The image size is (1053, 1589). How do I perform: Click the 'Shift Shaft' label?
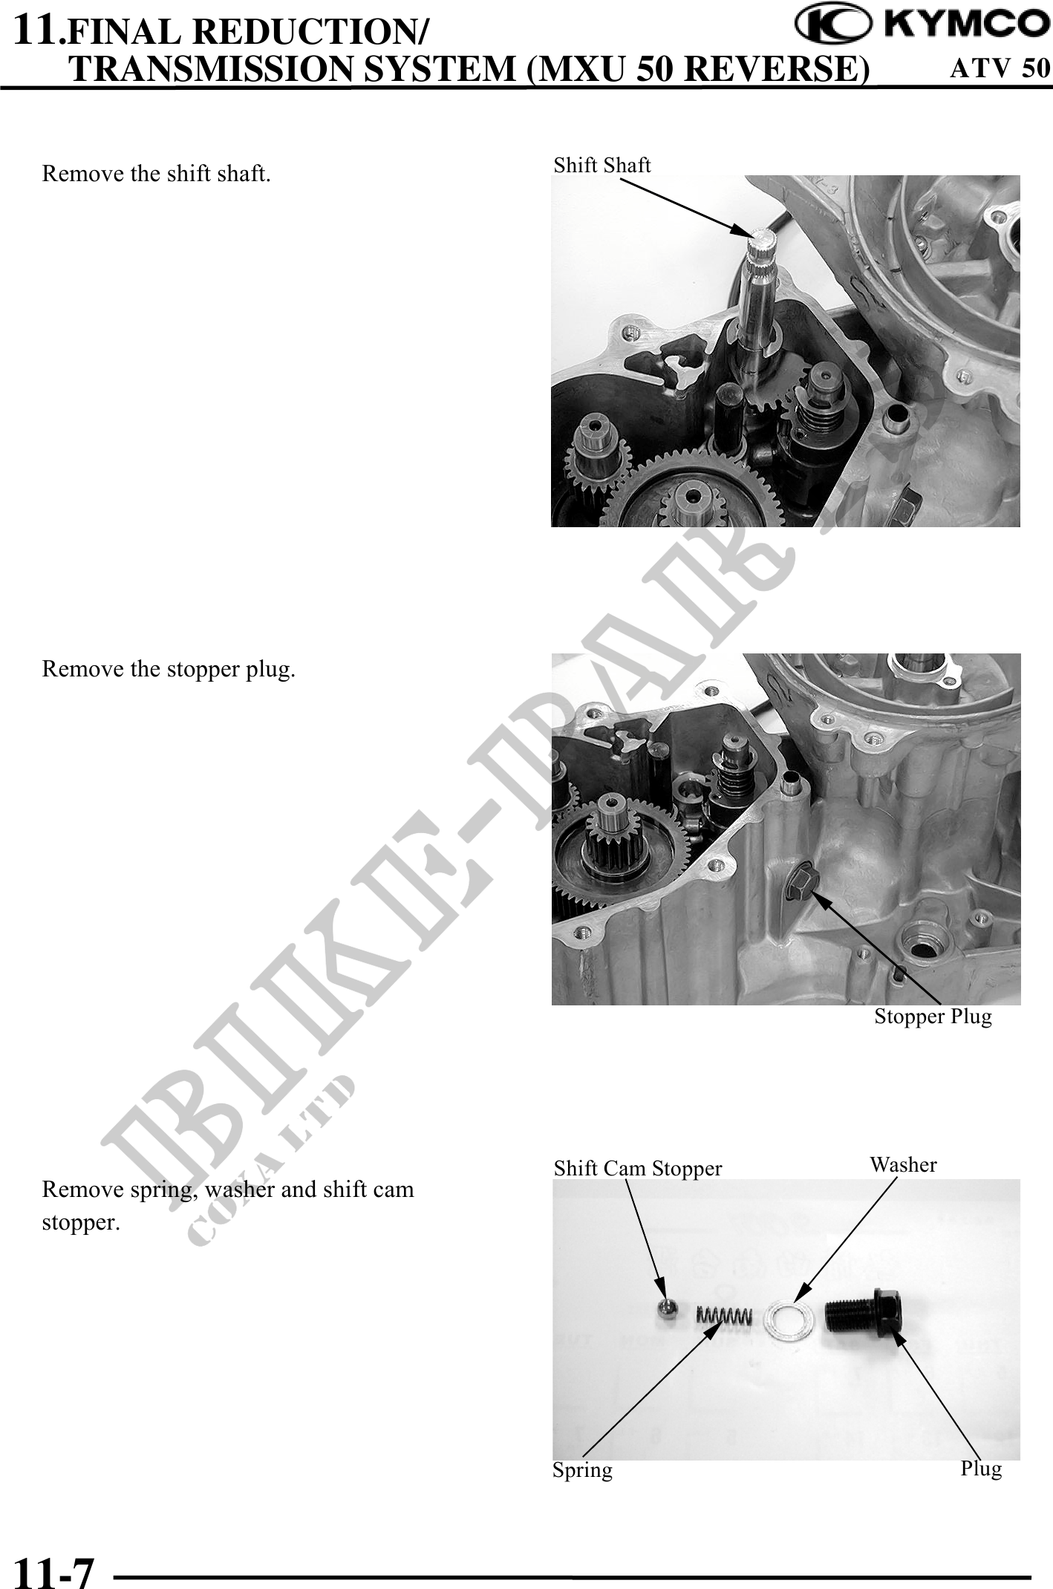(x=602, y=165)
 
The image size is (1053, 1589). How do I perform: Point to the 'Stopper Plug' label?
(x=933, y=1017)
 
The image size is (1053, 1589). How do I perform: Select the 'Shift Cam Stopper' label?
(x=638, y=1169)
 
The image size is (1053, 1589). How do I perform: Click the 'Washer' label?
(x=903, y=1165)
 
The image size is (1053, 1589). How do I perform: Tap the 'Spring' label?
(x=582, y=1470)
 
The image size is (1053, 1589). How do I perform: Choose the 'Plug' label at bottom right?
(x=981, y=1468)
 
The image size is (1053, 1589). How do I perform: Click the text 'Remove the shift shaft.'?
(x=156, y=174)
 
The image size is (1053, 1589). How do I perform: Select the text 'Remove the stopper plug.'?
(x=169, y=670)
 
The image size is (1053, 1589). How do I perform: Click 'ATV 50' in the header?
(x=1000, y=68)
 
